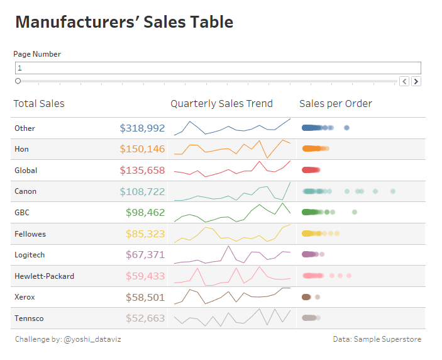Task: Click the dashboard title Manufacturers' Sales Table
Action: [124, 23]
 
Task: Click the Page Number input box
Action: [218, 68]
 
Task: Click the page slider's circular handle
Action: [18, 81]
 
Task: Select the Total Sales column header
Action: [39, 104]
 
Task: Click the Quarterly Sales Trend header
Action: [221, 104]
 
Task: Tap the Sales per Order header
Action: [335, 104]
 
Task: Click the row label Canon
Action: [26, 191]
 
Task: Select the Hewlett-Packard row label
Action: [44, 276]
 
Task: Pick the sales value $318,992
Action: [142, 128]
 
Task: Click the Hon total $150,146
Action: [142, 149]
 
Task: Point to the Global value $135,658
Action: [142, 171]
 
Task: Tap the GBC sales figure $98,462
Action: [145, 213]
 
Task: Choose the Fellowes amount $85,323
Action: [145, 234]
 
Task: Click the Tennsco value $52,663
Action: [145, 318]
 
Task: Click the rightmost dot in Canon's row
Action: [393, 191]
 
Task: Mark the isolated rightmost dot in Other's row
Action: [347, 128]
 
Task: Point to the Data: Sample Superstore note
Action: [377, 339]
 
